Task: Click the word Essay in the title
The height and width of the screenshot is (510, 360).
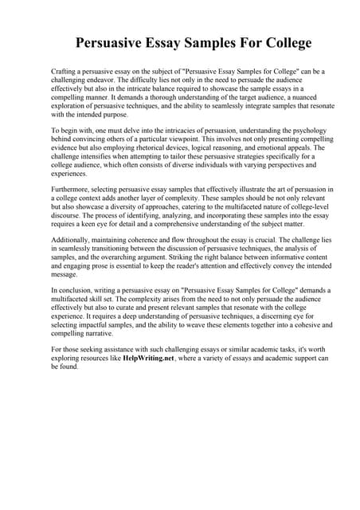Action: point(162,42)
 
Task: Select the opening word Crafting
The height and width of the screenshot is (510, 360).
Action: point(65,72)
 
